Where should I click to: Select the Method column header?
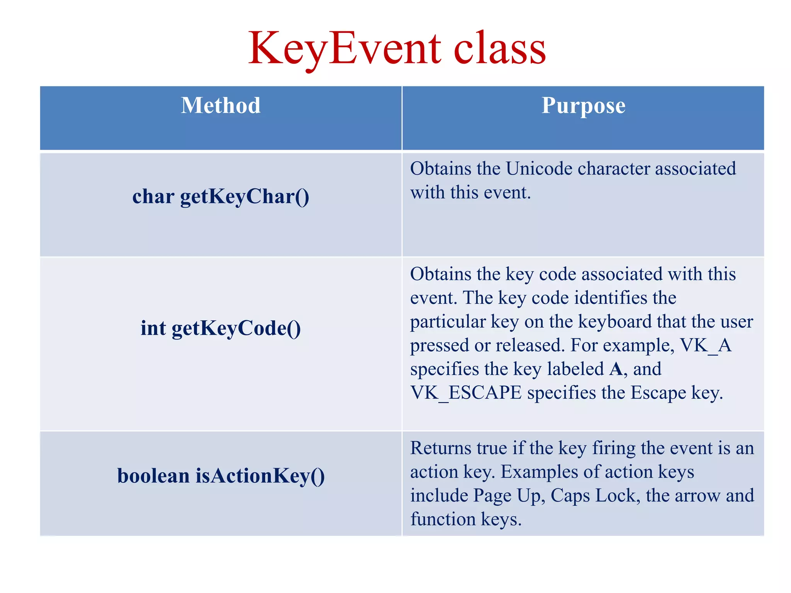click(221, 105)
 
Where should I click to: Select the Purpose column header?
click(583, 105)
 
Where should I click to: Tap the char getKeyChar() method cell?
click(221, 197)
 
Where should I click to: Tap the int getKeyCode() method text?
click(221, 328)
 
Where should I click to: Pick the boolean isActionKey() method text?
click(221, 476)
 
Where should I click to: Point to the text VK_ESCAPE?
click(465, 393)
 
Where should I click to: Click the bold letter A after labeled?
click(616, 369)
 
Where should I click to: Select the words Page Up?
click(509, 496)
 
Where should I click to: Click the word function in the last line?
click(443, 519)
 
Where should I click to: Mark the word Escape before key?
click(658, 393)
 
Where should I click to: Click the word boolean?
click(153, 476)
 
